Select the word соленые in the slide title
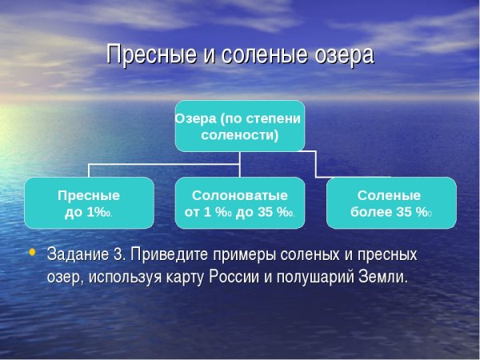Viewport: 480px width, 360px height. [265, 55]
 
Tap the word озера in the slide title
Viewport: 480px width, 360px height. [343, 55]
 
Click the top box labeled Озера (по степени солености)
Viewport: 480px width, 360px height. [239, 126]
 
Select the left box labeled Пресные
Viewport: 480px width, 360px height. [89, 203]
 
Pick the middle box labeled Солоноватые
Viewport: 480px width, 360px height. [239, 203]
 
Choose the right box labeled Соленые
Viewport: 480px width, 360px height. [391, 203]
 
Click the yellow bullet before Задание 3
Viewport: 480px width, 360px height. [33, 253]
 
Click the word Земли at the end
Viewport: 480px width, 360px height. [386, 278]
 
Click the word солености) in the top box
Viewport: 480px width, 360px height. [239, 135]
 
